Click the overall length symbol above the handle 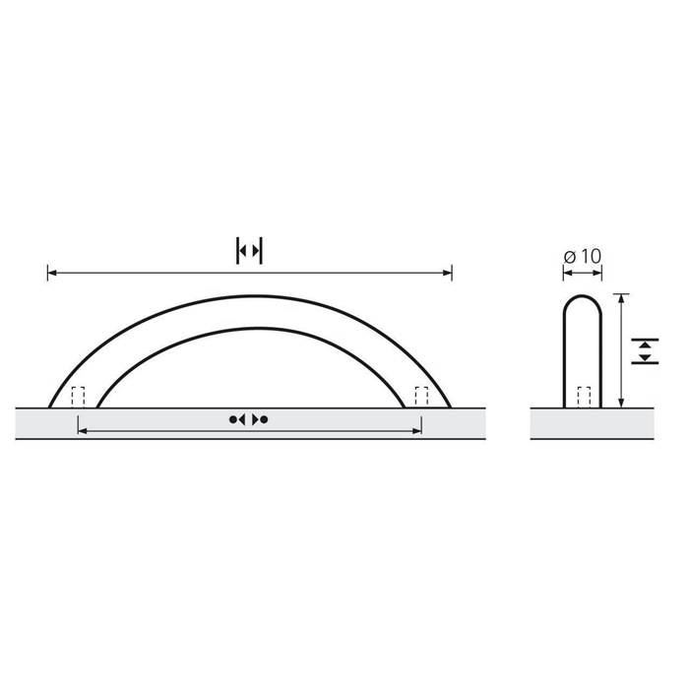[250, 251]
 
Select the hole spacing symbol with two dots [249, 420]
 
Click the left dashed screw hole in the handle [79, 397]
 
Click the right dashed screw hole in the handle [421, 397]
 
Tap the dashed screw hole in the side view [583, 397]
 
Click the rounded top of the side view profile [581, 297]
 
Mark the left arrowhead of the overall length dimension [51, 272]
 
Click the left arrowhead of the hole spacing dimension [81, 430]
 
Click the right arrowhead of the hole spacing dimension [418, 430]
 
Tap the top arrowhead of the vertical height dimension [621, 297]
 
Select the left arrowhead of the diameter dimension [564, 273]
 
